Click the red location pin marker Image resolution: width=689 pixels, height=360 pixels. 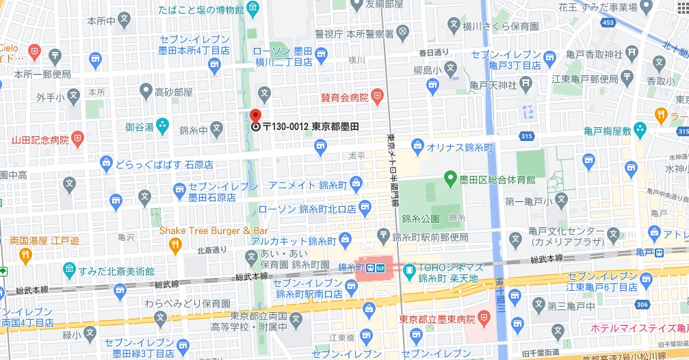pos(255,116)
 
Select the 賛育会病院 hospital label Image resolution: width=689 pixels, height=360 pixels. pos(345,97)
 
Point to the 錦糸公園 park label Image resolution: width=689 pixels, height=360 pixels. pos(421,219)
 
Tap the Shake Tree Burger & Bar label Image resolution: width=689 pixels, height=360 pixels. pos(213,231)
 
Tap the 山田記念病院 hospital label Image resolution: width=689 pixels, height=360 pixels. pos(40,140)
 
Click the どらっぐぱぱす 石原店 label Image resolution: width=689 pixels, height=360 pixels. pos(164,164)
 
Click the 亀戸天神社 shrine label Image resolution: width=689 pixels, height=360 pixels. pos(494,84)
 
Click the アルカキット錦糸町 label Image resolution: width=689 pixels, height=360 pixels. pos(302,242)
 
